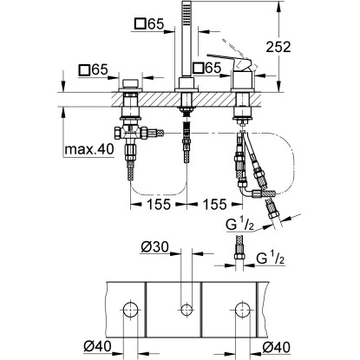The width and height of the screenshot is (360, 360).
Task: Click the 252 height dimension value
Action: tap(278, 47)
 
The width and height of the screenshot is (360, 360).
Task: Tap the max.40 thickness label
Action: tap(89, 149)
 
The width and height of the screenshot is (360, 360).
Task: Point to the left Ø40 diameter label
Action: tap(97, 346)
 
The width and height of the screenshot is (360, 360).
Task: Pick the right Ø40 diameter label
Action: tap(276, 346)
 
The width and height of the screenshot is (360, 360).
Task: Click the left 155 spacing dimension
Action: tap(159, 205)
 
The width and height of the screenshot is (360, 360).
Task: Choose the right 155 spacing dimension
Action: tap(214, 205)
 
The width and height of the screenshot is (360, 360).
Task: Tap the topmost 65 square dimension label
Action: tap(149, 23)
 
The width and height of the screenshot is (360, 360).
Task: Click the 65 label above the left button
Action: tap(93, 69)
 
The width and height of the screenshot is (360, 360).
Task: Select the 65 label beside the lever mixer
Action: tap(207, 68)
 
